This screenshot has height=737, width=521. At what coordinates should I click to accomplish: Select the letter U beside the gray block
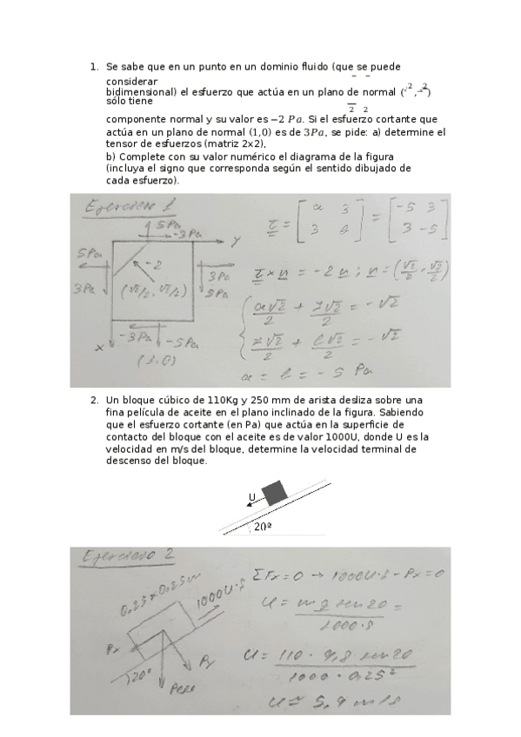click(x=252, y=498)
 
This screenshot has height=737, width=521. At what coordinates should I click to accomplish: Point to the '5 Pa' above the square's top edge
click(x=158, y=225)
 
